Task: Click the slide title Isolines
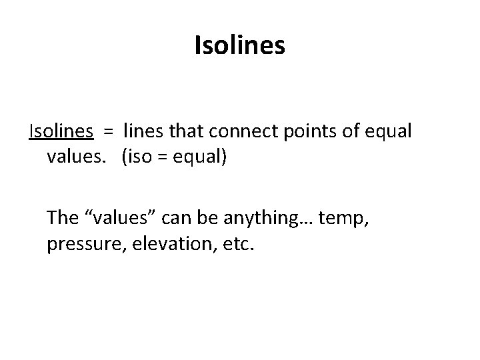[240, 46]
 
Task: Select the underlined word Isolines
[61, 131]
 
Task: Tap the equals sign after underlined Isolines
[107, 132]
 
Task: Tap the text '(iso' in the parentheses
[139, 159]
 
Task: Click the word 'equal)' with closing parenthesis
[203, 160]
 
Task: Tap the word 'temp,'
[342, 218]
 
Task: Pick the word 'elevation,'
[163, 245]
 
